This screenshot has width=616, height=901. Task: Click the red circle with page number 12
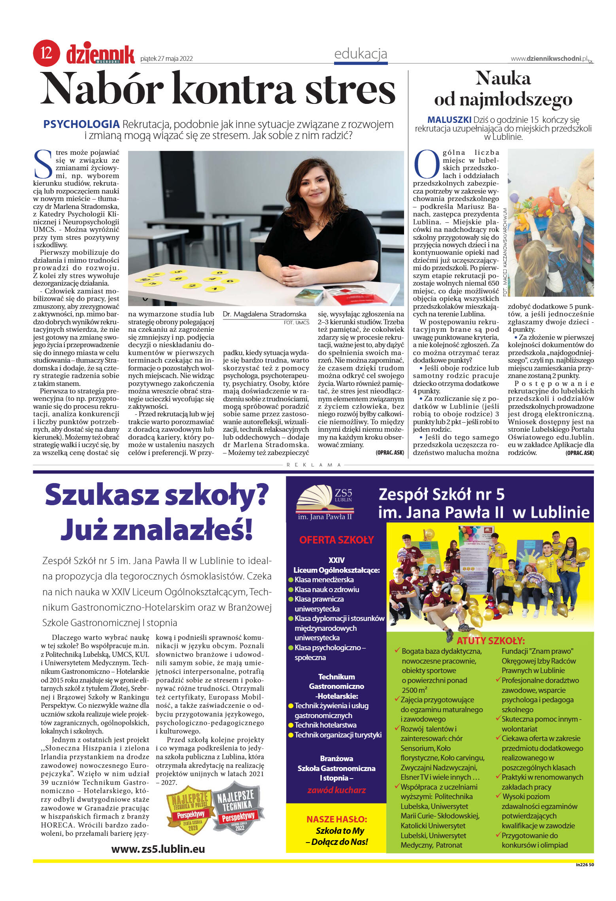pos(46,53)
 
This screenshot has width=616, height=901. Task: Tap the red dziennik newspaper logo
pos(100,55)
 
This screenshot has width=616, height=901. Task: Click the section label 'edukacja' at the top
pos(360,54)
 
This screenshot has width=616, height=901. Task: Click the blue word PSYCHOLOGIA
pos(81,124)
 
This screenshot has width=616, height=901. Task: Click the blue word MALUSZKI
pos(449,120)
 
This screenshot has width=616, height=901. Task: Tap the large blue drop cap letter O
pos(426,164)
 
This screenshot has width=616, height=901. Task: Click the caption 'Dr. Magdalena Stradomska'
pos(265,314)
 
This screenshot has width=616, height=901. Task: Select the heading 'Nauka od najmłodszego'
pos(503,89)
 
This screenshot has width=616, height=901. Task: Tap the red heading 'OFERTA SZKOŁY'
pos(336,540)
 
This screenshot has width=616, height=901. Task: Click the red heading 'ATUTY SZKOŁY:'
pos(490,641)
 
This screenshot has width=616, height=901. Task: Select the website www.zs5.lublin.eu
pos(158,849)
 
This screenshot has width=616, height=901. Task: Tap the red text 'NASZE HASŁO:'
pos(336,819)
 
